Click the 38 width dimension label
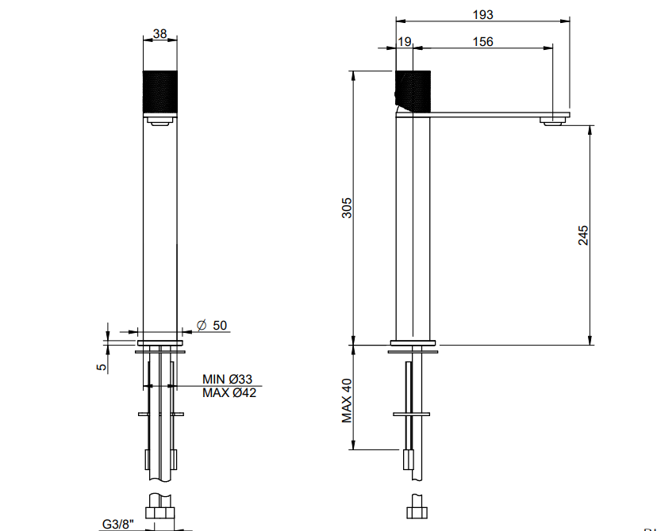coord(160,33)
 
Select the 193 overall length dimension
coord(482,14)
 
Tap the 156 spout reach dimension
coord(482,42)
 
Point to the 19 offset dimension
coord(405,42)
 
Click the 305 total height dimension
coord(347,208)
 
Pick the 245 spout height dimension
coord(583,235)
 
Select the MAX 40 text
coord(347,401)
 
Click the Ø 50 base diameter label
coord(212,325)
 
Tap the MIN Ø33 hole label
coord(227,379)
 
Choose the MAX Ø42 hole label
coord(229,393)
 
